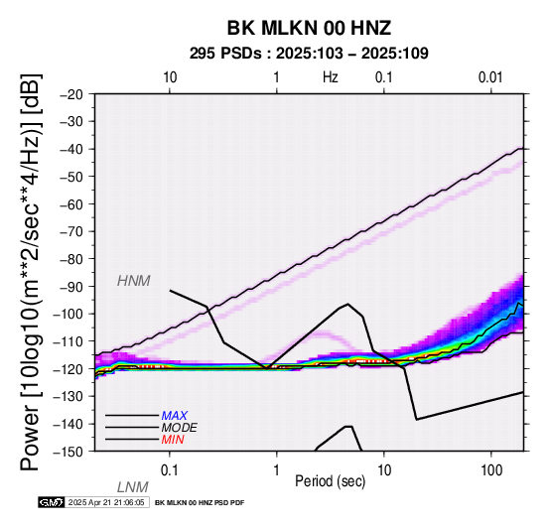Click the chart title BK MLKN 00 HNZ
coord(309,28)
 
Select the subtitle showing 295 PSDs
coord(309,54)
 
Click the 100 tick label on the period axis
coord(491,469)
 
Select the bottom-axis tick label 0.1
coord(170,469)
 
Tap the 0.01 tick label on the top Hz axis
coord(490,77)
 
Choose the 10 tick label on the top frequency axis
coord(170,77)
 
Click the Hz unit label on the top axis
coord(330,77)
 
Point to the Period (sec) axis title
coord(330,481)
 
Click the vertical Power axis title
coord(31,272)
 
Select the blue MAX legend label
coord(175,416)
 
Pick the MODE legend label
coord(180,428)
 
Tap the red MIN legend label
coord(173,440)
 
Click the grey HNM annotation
coord(134,281)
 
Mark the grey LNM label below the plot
coord(133,487)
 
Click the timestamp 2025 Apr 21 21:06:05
coord(106,503)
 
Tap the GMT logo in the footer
coord(52,502)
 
